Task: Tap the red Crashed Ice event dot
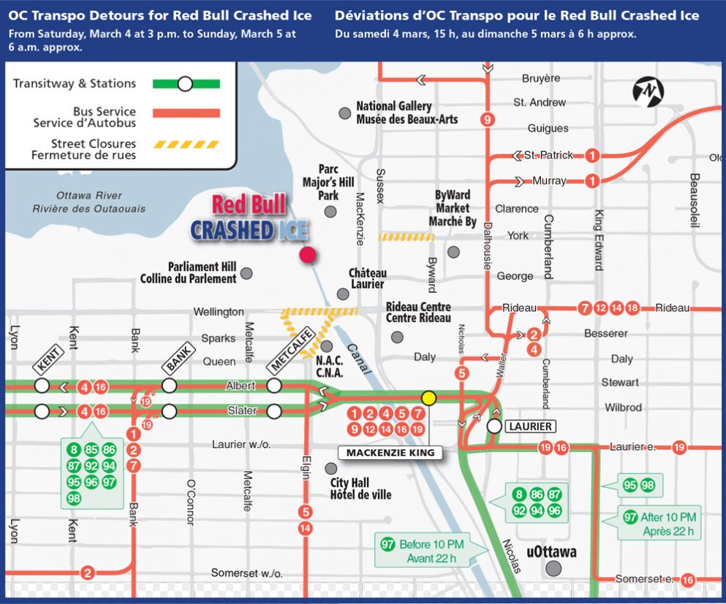[308, 255]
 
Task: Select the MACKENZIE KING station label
[390, 453]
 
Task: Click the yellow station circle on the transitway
[428, 398]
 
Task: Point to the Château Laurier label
[368, 278]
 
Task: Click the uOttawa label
[551, 552]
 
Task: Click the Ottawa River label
[89, 202]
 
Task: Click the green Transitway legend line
[186, 84]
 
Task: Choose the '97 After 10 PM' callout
[659, 524]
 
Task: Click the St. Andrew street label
[540, 102]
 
